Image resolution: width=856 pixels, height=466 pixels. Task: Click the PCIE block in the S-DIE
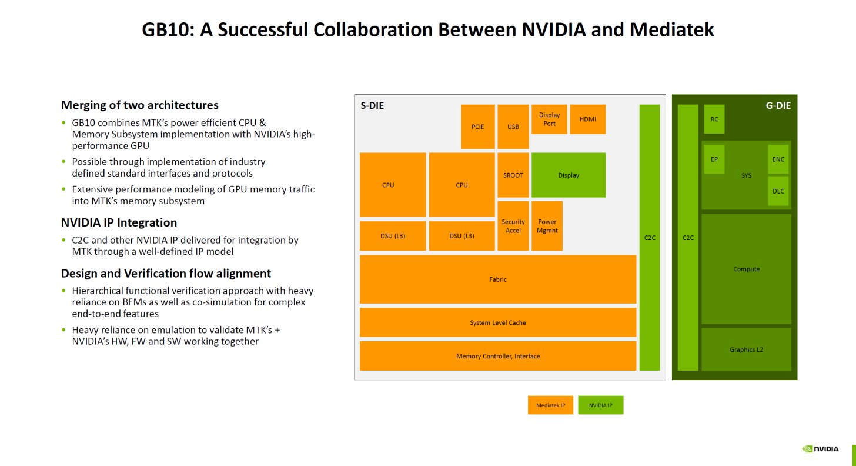tap(477, 127)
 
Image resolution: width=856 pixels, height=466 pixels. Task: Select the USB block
tap(513, 127)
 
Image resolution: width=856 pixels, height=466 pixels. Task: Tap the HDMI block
tap(587, 119)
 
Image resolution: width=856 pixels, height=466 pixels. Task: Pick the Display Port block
tap(549, 119)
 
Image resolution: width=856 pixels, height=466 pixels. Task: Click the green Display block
tap(569, 175)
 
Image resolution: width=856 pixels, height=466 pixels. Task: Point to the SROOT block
tap(513, 175)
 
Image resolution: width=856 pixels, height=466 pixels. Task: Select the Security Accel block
tap(513, 226)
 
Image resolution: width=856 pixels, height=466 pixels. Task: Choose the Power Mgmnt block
tap(547, 226)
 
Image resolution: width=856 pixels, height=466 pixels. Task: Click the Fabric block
tap(497, 279)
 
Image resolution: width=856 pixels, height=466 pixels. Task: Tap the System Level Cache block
tap(497, 322)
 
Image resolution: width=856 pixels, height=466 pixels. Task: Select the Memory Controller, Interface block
tap(497, 356)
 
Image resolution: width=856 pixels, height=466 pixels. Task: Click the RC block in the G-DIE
tap(714, 119)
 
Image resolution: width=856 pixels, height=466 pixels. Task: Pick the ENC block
tap(778, 159)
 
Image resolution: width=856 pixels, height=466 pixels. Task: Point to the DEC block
tap(778, 191)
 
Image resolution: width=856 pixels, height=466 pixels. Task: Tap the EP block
tap(714, 159)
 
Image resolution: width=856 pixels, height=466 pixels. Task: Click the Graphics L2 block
tap(745, 349)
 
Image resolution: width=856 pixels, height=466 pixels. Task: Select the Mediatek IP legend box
tap(550, 405)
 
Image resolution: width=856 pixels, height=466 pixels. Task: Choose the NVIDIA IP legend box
tap(600, 405)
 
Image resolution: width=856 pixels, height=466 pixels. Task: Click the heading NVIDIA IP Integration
tap(119, 222)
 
